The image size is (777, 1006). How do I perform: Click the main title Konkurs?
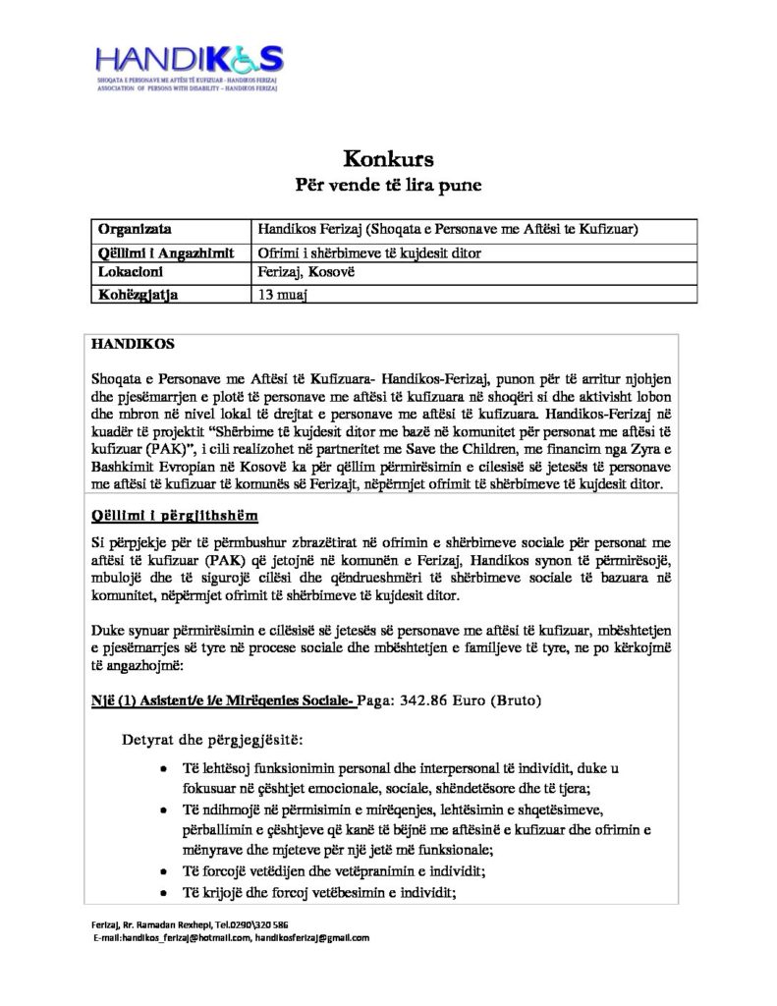pos(388,157)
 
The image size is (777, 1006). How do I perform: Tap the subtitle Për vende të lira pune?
pos(388,184)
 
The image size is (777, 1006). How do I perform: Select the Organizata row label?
pos(137,230)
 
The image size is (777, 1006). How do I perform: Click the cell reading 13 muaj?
pos(281,293)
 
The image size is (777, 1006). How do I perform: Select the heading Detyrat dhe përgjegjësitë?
pos(212,737)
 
